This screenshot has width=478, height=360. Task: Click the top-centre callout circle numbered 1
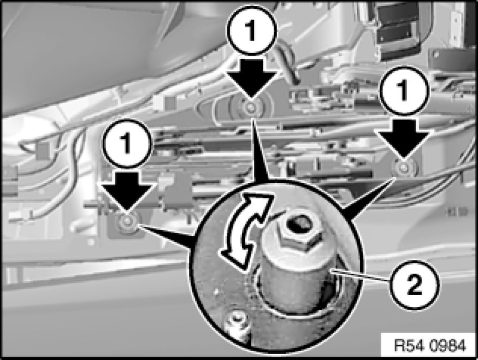tap(251, 31)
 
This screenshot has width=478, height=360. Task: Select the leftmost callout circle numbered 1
tap(127, 143)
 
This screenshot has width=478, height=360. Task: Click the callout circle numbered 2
tap(415, 285)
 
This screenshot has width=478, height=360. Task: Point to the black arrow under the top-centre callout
tap(251, 79)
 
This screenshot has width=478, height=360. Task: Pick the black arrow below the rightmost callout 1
tap(403, 139)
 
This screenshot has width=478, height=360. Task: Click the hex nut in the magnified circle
tap(300, 235)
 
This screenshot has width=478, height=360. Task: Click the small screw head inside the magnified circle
tap(235, 321)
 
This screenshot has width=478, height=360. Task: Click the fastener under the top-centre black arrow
tap(251, 107)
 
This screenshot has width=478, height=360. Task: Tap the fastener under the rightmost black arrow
tap(404, 167)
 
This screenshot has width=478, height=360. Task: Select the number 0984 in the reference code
tap(447, 346)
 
